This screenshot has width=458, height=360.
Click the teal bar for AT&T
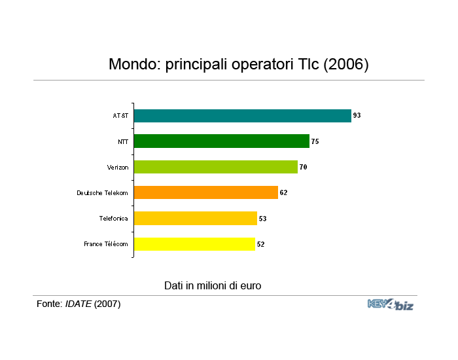(243, 116)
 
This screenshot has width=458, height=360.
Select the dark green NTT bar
(222, 141)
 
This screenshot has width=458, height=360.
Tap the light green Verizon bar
(216, 167)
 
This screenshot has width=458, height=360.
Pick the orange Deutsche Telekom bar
(206, 192)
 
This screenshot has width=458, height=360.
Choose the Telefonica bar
(196, 218)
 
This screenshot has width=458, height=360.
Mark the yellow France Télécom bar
(194, 244)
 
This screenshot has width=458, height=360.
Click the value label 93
(357, 115)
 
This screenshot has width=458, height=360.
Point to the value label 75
(315, 141)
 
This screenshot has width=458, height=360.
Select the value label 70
(303, 167)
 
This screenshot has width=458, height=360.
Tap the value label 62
(283, 192)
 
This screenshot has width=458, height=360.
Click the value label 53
(262, 219)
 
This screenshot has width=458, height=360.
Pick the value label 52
(260, 244)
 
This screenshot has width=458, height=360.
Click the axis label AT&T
(120, 116)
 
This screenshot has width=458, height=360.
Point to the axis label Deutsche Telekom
(102, 193)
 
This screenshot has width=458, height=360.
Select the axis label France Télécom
(106, 244)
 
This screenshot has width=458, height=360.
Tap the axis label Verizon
(118, 168)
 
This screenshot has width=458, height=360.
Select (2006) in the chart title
(346, 64)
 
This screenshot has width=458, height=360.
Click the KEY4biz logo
(391, 305)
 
